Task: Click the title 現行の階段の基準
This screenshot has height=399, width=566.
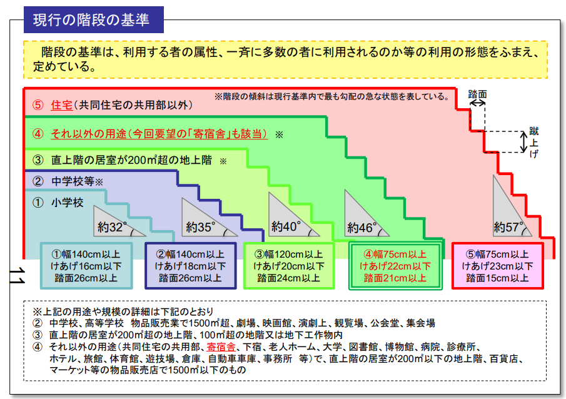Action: pyautogui.click(x=91, y=20)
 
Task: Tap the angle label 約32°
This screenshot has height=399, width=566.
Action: pyautogui.click(x=112, y=227)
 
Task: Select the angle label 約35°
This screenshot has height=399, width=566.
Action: pyautogui.click(x=200, y=227)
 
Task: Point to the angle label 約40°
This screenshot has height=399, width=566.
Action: pyautogui.click(x=286, y=227)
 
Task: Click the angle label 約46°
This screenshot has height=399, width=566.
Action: pyautogui.click(x=361, y=228)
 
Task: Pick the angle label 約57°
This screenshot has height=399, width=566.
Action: pyautogui.click(x=508, y=227)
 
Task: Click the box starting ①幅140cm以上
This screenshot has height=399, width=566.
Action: pyautogui.click(x=86, y=266)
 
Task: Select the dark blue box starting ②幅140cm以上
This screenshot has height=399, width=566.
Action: pyautogui.click(x=190, y=266)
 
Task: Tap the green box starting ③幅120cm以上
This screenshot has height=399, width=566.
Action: pyautogui.click(x=289, y=266)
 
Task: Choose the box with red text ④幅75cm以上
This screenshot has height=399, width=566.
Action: pyautogui.click(x=395, y=266)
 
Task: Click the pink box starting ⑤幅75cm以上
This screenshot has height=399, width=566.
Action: pyautogui.click(x=497, y=266)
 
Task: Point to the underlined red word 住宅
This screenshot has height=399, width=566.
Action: pyautogui.click(x=62, y=105)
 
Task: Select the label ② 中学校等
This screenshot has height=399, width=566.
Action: pyautogui.click(x=68, y=181)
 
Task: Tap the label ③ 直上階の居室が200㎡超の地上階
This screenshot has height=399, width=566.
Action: pyautogui.click(x=122, y=160)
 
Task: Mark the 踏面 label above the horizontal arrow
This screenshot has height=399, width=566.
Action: pyautogui.click(x=477, y=94)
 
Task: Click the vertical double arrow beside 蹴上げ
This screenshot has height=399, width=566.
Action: pyautogui.click(x=523, y=142)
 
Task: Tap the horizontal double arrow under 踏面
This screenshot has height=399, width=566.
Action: pyautogui.click(x=477, y=103)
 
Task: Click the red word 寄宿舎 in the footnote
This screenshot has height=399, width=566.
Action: pyautogui.click(x=221, y=347)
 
